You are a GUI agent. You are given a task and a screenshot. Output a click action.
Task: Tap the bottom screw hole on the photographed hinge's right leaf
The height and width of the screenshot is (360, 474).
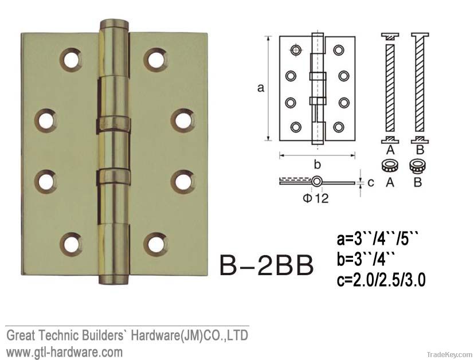tap(155, 244)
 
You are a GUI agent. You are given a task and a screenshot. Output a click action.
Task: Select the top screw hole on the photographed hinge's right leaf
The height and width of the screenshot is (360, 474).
tap(155, 58)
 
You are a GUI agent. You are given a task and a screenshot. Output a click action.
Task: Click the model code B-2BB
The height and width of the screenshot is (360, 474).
tap(267, 265)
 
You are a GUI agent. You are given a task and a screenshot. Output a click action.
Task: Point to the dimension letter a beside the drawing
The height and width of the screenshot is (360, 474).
tap(261, 88)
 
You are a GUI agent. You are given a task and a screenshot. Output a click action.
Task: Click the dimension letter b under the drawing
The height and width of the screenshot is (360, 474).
tap(317, 164)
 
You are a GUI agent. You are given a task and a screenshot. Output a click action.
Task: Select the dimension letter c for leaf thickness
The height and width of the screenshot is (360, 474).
tap(370, 182)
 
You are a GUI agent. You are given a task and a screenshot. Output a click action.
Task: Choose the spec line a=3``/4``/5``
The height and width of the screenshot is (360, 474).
tap(379, 238)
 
